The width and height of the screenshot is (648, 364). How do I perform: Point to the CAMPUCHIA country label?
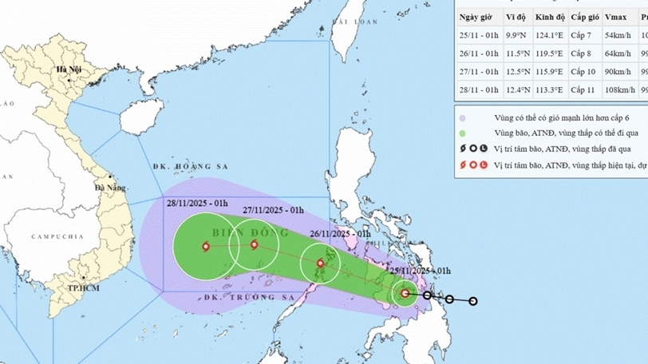pos(57,237)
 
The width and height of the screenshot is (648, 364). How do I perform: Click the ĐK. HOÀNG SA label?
pos(181,167)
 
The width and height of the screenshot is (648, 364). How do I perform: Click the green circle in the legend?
pos(461,133)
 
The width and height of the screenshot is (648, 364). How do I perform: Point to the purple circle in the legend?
pos(461,118)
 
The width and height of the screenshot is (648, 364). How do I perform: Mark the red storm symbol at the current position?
pos(405,294)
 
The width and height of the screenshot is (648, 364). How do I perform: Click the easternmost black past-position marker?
pos(473,301)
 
